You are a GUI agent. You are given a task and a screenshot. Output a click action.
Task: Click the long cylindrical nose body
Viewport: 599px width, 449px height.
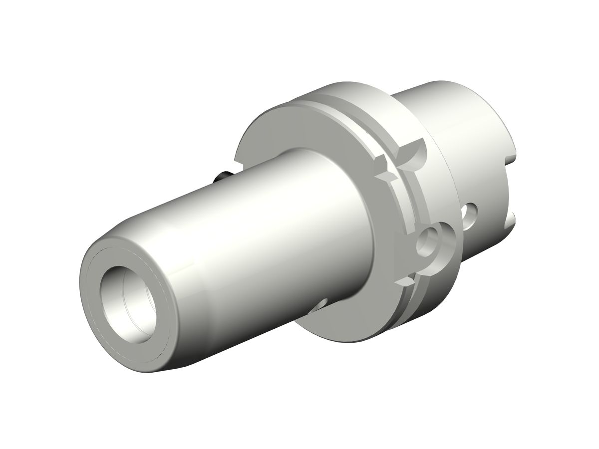point(225,259)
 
